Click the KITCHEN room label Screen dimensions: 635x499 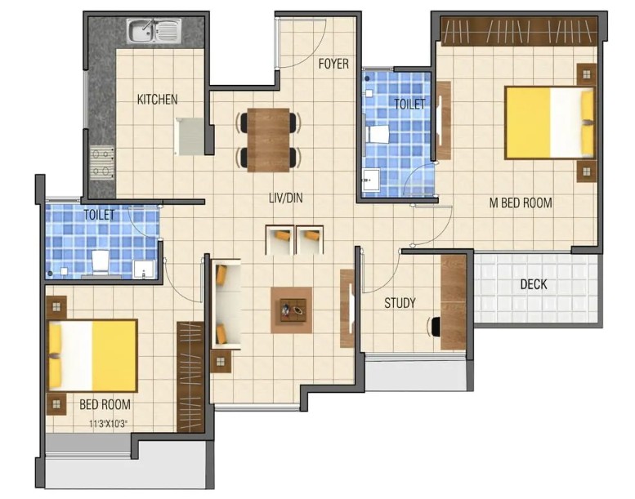click(x=157, y=99)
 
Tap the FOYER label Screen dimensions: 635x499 click(x=333, y=64)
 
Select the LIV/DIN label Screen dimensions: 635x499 click(x=286, y=198)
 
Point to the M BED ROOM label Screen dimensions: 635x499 click(x=521, y=203)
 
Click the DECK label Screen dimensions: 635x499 click(x=534, y=284)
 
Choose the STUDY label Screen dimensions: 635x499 click(x=400, y=303)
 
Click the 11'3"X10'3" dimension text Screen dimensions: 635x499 click(x=108, y=424)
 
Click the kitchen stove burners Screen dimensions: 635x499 click(x=102, y=163)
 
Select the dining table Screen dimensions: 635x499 click(x=269, y=140)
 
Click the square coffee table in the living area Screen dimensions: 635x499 click(x=291, y=310)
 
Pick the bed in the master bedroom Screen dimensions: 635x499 click(x=550, y=123)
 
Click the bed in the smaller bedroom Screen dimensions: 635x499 click(x=92, y=356)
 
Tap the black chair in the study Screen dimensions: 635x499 click(x=435, y=327)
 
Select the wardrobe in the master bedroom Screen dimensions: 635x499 click(x=519, y=30)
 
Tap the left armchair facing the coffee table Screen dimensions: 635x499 click(x=279, y=239)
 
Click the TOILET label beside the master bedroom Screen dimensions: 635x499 click(x=409, y=104)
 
